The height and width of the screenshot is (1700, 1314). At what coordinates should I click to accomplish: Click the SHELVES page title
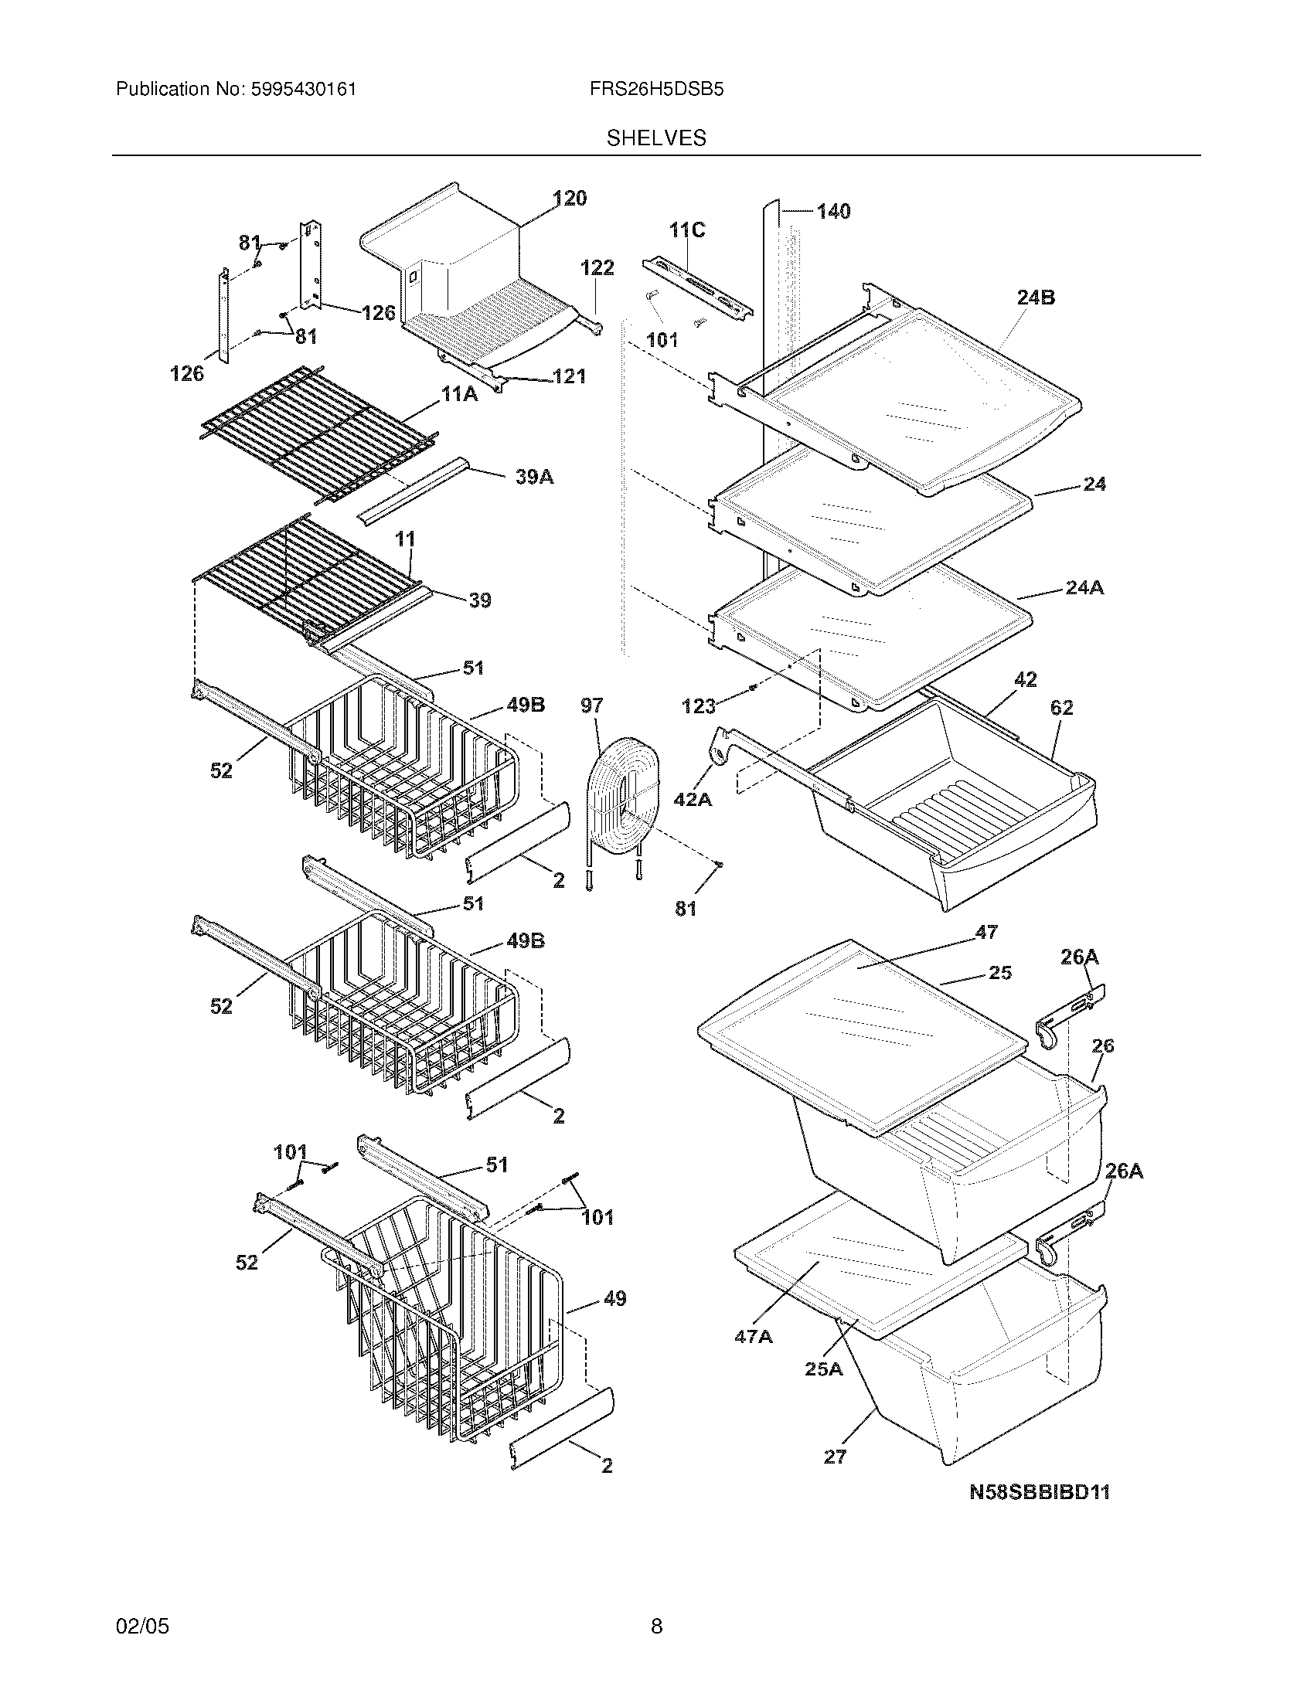[x=656, y=138]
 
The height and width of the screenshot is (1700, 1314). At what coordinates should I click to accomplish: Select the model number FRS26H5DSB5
[x=656, y=90]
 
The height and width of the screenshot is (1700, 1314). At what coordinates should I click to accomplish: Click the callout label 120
[x=570, y=199]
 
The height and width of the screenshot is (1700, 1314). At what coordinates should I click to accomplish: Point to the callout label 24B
[x=1035, y=297]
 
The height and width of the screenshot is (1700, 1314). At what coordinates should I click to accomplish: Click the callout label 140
[x=833, y=211]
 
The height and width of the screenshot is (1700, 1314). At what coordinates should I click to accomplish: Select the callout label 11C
[x=686, y=229]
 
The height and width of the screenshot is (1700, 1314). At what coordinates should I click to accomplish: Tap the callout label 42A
[x=692, y=799]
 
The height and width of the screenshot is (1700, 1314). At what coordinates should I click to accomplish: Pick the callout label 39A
[x=535, y=477]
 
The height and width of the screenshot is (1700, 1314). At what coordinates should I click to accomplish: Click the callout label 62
[x=1061, y=708]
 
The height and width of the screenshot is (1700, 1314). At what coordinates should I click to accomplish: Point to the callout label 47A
[x=754, y=1336]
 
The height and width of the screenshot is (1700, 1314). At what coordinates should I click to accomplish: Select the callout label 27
[x=835, y=1457]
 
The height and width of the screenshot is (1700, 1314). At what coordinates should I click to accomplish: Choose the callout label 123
[x=698, y=706]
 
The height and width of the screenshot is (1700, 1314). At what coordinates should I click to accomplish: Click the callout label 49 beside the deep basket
[x=614, y=1298]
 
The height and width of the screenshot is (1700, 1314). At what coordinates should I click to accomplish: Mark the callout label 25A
[x=824, y=1368]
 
